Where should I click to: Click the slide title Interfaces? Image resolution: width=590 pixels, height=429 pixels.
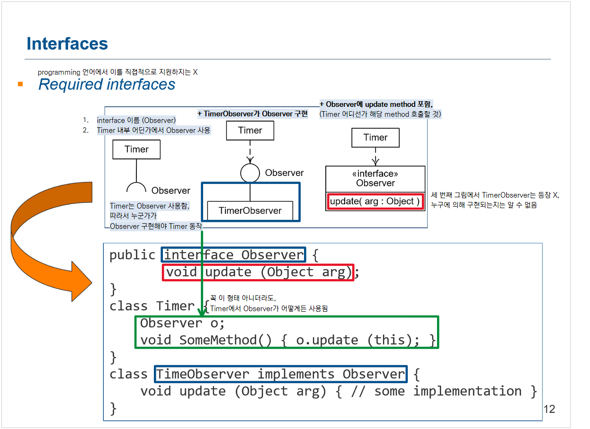point(67,44)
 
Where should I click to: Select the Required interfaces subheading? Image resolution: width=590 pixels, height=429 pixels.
point(107,84)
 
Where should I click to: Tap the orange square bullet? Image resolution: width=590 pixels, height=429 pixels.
point(20,84)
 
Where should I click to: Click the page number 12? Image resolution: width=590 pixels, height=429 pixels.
point(549,409)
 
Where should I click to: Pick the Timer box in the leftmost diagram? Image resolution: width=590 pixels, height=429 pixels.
point(136,149)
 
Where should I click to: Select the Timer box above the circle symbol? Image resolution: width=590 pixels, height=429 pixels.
point(250,131)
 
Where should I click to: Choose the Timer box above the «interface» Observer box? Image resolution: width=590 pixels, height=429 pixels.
point(375,138)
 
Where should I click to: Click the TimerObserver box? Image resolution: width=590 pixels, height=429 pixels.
point(250,210)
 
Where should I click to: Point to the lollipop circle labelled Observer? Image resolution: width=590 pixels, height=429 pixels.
point(250,173)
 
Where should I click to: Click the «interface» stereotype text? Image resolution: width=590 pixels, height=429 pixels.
point(375,174)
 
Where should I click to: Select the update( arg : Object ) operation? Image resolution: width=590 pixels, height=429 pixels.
point(375,201)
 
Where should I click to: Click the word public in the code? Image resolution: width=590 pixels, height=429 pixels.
point(133,255)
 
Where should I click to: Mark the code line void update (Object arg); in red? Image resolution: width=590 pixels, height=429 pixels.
point(258,272)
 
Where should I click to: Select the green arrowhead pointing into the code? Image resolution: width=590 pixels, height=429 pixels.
point(202,313)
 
